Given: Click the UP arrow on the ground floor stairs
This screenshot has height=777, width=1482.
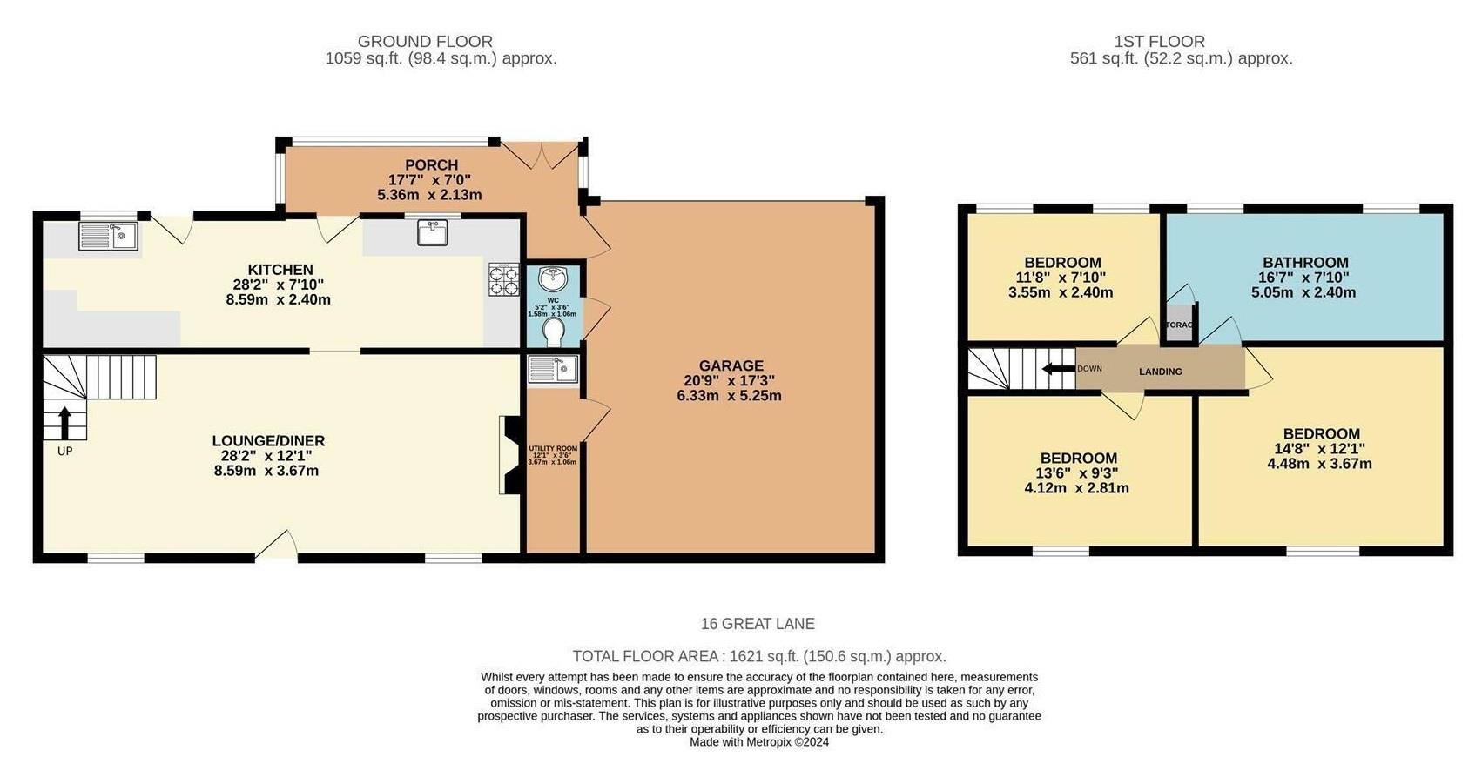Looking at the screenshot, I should [x=65, y=425].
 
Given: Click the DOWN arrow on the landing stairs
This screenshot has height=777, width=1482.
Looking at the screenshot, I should [x=1059, y=369].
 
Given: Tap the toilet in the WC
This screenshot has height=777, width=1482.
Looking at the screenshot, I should [x=553, y=332].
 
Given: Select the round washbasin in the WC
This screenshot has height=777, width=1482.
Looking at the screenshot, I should [x=552, y=279].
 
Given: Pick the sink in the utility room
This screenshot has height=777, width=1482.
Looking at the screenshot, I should [x=552, y=370].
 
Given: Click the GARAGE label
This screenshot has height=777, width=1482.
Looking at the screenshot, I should [x=731, y=366].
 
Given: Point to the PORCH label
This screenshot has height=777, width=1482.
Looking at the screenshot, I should [x=431, y=165].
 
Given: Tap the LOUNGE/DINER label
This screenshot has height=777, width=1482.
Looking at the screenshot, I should [x=268, y=441].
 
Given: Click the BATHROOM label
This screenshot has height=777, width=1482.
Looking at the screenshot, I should [x=1305, y=263].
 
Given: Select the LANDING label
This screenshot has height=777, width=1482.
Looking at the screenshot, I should [x=1161, y=372].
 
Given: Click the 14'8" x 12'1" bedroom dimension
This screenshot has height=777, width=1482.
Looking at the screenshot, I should [x=1320, y=449].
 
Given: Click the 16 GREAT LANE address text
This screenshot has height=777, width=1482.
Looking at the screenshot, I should [x=758, y=624].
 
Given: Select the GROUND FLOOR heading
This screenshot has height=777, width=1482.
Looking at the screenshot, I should [x=425, y=42].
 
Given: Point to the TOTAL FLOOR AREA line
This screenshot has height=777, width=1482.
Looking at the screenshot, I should [x=758, y=657].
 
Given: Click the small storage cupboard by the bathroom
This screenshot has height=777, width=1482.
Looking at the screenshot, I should [x=1180, y=324].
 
